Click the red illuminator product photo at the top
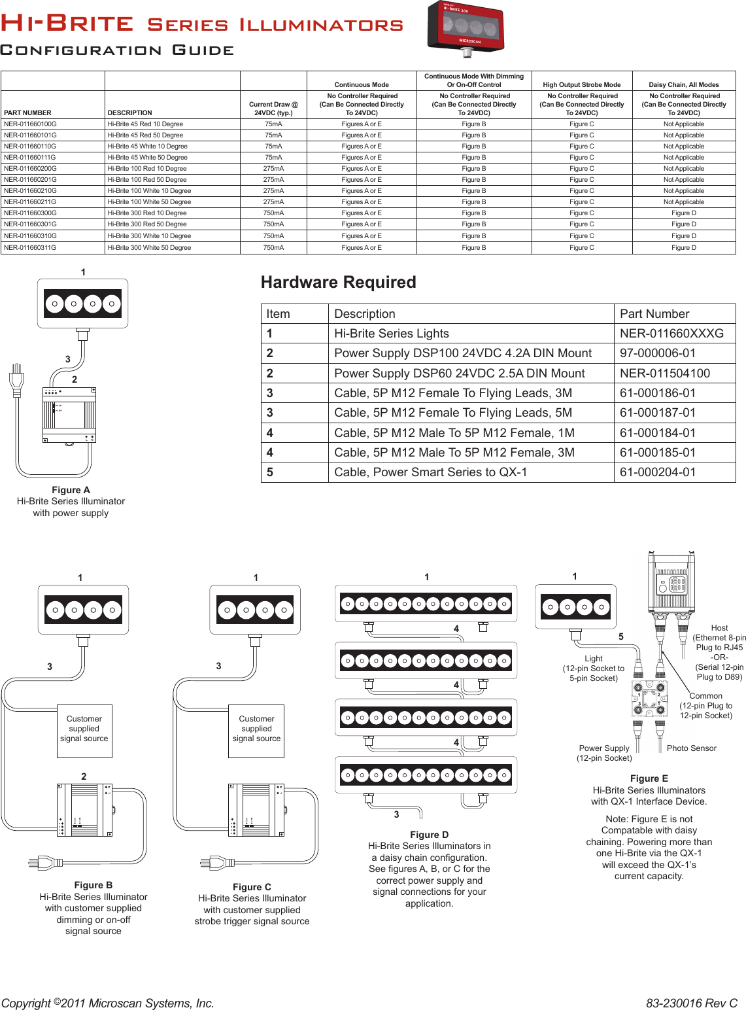coord(465,28)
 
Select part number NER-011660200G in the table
coord(30,168)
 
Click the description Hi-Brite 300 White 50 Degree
coord(149,248)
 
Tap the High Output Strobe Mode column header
coord(581,84)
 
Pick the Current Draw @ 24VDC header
coord(273,108)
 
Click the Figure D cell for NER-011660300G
coord(683,213)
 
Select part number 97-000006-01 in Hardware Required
coord(658,353)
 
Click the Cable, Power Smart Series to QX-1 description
coord(430,472)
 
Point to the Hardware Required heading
coord(338,282)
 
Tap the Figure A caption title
coord(71,490)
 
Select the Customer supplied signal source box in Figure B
coord(84,730)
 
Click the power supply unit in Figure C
coord(256,810)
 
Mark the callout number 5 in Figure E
coord(621,636)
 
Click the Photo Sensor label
coord(691,748)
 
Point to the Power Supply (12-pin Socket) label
coord(604,753)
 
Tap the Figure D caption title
coord(429,835)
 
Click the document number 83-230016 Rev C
coord(691,1003)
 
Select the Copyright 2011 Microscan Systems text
coord(108,1003)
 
